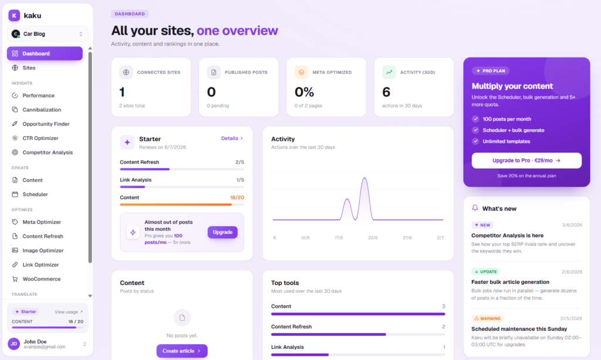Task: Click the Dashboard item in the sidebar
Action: [x=45, y=53]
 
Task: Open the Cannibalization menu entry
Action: [x=42, y=110]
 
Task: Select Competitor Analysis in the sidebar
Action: [x=47, y=152]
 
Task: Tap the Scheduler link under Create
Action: [x=35, y=194]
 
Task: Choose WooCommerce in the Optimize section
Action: [x=42, y=279]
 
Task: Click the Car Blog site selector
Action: [x=48, y=33]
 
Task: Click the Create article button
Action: [x=182, y=351]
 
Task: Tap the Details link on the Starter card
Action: [x=232, y=139]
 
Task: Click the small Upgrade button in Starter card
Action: [x=222, y=233]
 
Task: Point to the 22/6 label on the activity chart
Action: [x=373, y=238]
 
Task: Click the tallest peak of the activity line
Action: [x=364, y=178]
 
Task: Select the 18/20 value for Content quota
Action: [x=237, y=197]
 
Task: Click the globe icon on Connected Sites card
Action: [x=126, y=72]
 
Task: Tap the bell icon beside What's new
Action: [x=475, y=208]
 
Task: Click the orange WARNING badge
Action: [x=487, y=318]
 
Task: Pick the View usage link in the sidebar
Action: [x=69, y=312]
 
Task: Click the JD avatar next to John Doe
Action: [x=14, y=344]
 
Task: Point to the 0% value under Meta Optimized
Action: [x=304, y=92]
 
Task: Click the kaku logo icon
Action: [x=14, y=15]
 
